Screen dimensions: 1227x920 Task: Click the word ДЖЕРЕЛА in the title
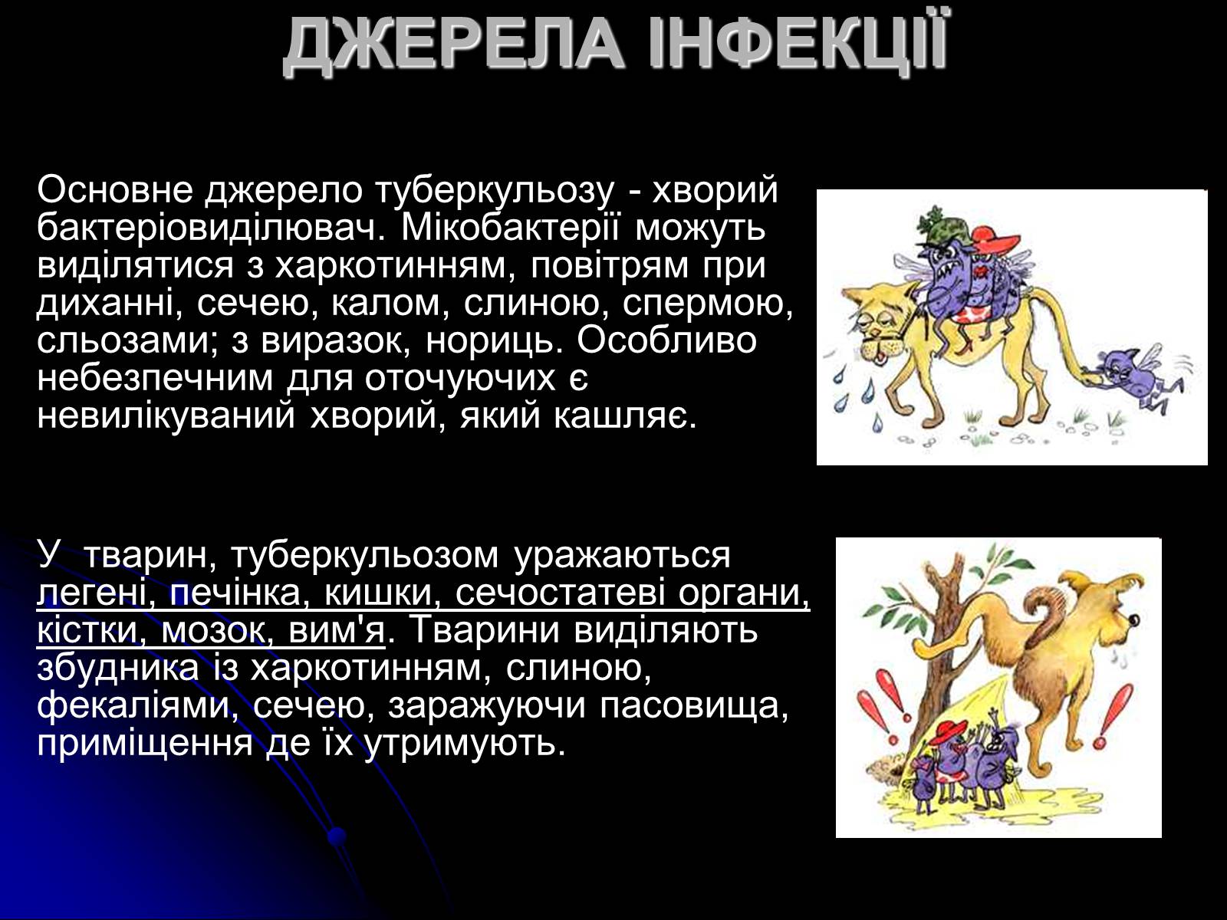(x=454, y=48)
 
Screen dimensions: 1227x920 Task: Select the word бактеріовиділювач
(x=212, y=227)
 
